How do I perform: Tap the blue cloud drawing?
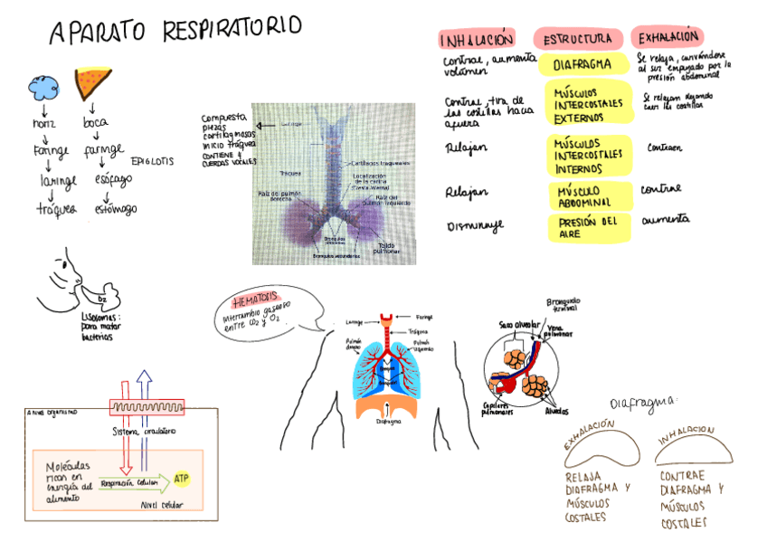click(42, 86)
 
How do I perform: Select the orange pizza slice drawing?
click(92, 82)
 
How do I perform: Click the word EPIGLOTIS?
click(153, 162)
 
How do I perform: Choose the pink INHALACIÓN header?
click(477, 40)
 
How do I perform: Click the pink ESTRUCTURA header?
click(579, 39)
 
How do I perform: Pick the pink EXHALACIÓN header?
click(668, 37)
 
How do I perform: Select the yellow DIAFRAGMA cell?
click(582, 65)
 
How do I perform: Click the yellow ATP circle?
click(182, 477)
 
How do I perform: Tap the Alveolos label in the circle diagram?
click(556, 411)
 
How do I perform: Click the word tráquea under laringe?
click(57, 209)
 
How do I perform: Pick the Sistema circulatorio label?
click(144, 431)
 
